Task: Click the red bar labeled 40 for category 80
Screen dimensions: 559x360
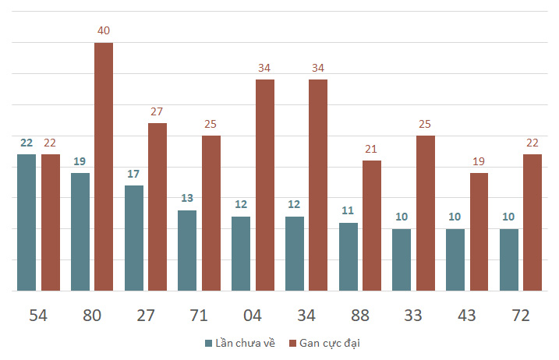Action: [x=104, y=167]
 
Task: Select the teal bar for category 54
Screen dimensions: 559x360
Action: [x=27, y=222]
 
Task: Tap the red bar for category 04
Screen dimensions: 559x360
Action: [x=265, y=185]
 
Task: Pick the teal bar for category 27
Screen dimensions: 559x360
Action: [x=134, y=238]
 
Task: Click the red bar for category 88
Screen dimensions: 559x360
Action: [x=372, y=226]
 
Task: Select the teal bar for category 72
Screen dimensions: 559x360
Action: [x=509, y=259]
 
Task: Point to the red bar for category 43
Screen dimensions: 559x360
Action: [x=479, y=231]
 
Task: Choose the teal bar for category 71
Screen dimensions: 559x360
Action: [x=187, y=251]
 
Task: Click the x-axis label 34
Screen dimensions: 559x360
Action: [x=306, y=316]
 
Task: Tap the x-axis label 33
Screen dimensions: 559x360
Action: [x=413, y=316]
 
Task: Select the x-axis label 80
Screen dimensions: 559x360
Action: [x=92, y=316]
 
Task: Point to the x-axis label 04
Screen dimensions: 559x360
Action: [x=253, y=316]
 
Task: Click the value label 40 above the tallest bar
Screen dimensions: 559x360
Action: [x=104, y=30]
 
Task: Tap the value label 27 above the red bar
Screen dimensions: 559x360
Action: [x=157, y=111]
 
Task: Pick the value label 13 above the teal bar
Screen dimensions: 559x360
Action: [x=187, y=198]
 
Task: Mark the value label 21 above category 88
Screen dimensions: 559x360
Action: [x=371, y=149]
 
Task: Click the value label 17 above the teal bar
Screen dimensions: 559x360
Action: [x=133, y=174]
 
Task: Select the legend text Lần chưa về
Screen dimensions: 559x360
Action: [x=246, y=344]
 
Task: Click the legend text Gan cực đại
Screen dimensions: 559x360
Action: [x=330, y=344]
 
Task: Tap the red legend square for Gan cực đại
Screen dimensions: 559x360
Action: [x=292, y=344]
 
